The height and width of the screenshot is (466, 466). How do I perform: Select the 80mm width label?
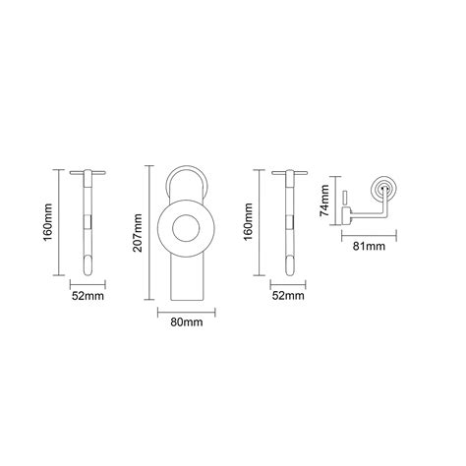185,320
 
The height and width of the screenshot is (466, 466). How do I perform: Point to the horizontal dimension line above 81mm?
369,234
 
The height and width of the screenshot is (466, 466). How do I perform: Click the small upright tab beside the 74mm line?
345,200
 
